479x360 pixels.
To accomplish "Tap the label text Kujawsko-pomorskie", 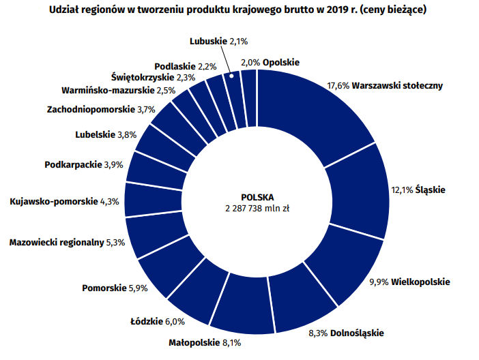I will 53,202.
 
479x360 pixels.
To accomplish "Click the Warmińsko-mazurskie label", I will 108,90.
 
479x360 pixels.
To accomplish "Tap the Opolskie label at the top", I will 281,62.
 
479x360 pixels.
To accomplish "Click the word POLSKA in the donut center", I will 257,195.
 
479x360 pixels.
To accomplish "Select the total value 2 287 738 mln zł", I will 257,207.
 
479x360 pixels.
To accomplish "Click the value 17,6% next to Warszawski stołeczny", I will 338,86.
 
